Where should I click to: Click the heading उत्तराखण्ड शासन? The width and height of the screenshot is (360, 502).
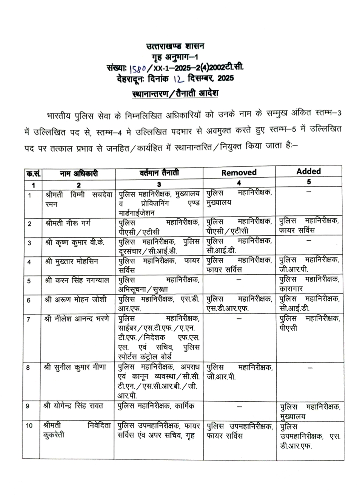tap(175, 46)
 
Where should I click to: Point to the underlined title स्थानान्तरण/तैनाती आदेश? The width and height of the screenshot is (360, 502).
tap(175, 93)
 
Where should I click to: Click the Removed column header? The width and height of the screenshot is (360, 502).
tap(238, 173)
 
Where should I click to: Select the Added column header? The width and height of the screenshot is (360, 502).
tap(308, 171)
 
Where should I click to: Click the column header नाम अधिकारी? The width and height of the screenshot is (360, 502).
tap(78, 173)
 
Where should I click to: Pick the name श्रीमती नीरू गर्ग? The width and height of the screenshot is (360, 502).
tap(68, 223)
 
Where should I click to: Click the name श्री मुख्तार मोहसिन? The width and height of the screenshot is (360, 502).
tap(71, 261)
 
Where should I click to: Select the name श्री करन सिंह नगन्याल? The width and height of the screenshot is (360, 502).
tap(77, 280)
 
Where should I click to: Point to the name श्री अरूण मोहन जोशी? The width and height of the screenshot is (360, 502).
tap(75, 299)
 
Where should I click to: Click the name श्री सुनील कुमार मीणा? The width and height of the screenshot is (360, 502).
tap(75, 367)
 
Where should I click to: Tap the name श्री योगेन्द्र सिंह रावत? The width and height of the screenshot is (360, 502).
tap(73, 406)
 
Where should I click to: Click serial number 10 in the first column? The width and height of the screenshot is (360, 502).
tap(29, 426)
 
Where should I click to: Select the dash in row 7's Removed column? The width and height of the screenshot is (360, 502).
tap(238, 319)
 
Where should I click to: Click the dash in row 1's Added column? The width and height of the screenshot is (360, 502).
tap(308, 192)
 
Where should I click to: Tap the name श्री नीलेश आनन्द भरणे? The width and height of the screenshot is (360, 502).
tap(77, 319)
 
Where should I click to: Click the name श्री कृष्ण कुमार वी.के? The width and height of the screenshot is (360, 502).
tap(73, 242)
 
